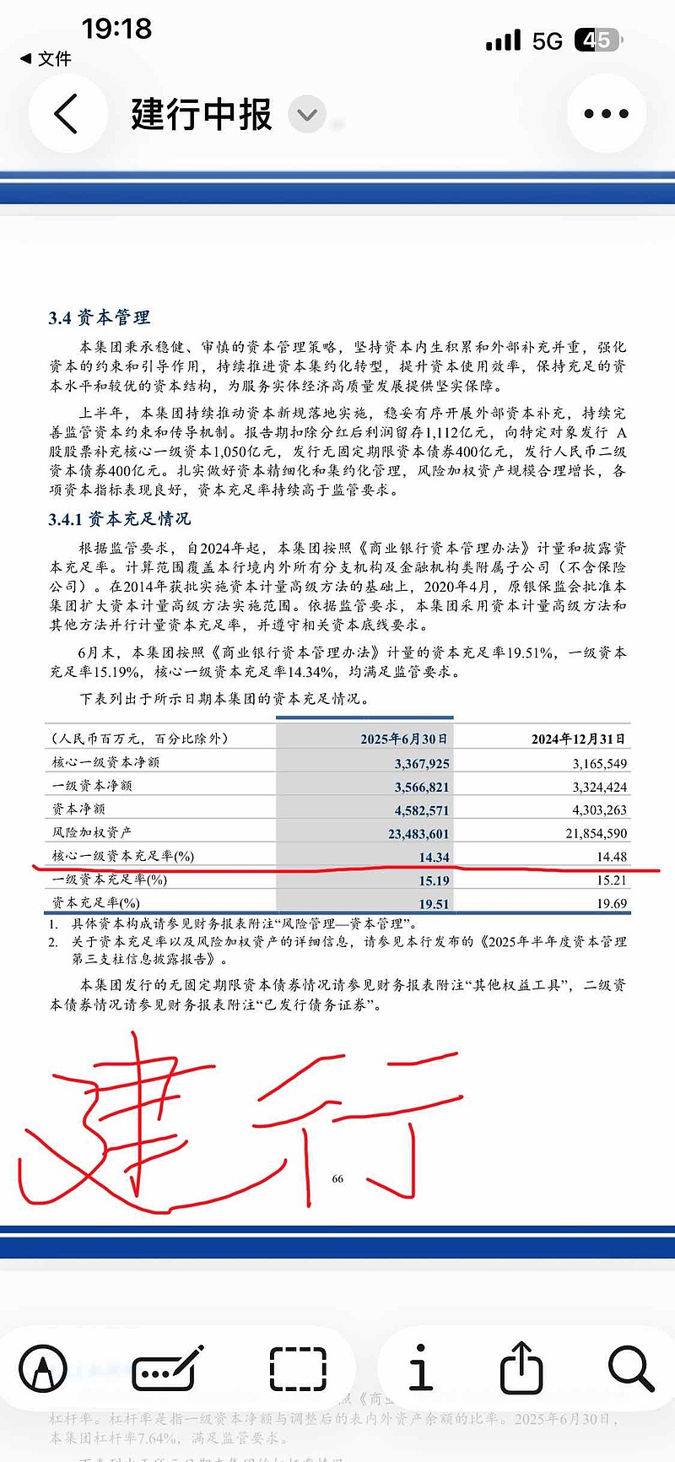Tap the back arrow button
tap(67, 114)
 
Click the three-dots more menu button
tap(606, 114)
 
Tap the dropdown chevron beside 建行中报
tap(307, 115)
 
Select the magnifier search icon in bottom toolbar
tap(630, 1368)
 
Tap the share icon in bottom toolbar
tap(521, 1367)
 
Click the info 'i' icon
tap(419, 1367)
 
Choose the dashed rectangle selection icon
tap(298, 1368)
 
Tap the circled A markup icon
tap(43, 1368)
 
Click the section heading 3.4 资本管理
tap(99, 317)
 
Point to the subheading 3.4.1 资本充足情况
tap(119, 518)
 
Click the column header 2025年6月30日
tap(404, 739)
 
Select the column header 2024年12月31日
tap(578, 739)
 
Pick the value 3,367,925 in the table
tap(422, 763)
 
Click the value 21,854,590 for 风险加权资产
tap(596, 833)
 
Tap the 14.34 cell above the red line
tap(434, 857)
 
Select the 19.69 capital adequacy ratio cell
tap(611, 903)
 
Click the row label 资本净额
tap(78, 809)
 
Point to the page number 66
tap(337, 1178)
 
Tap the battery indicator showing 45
tap(597, 40)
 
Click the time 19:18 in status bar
tap(116, 29)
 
